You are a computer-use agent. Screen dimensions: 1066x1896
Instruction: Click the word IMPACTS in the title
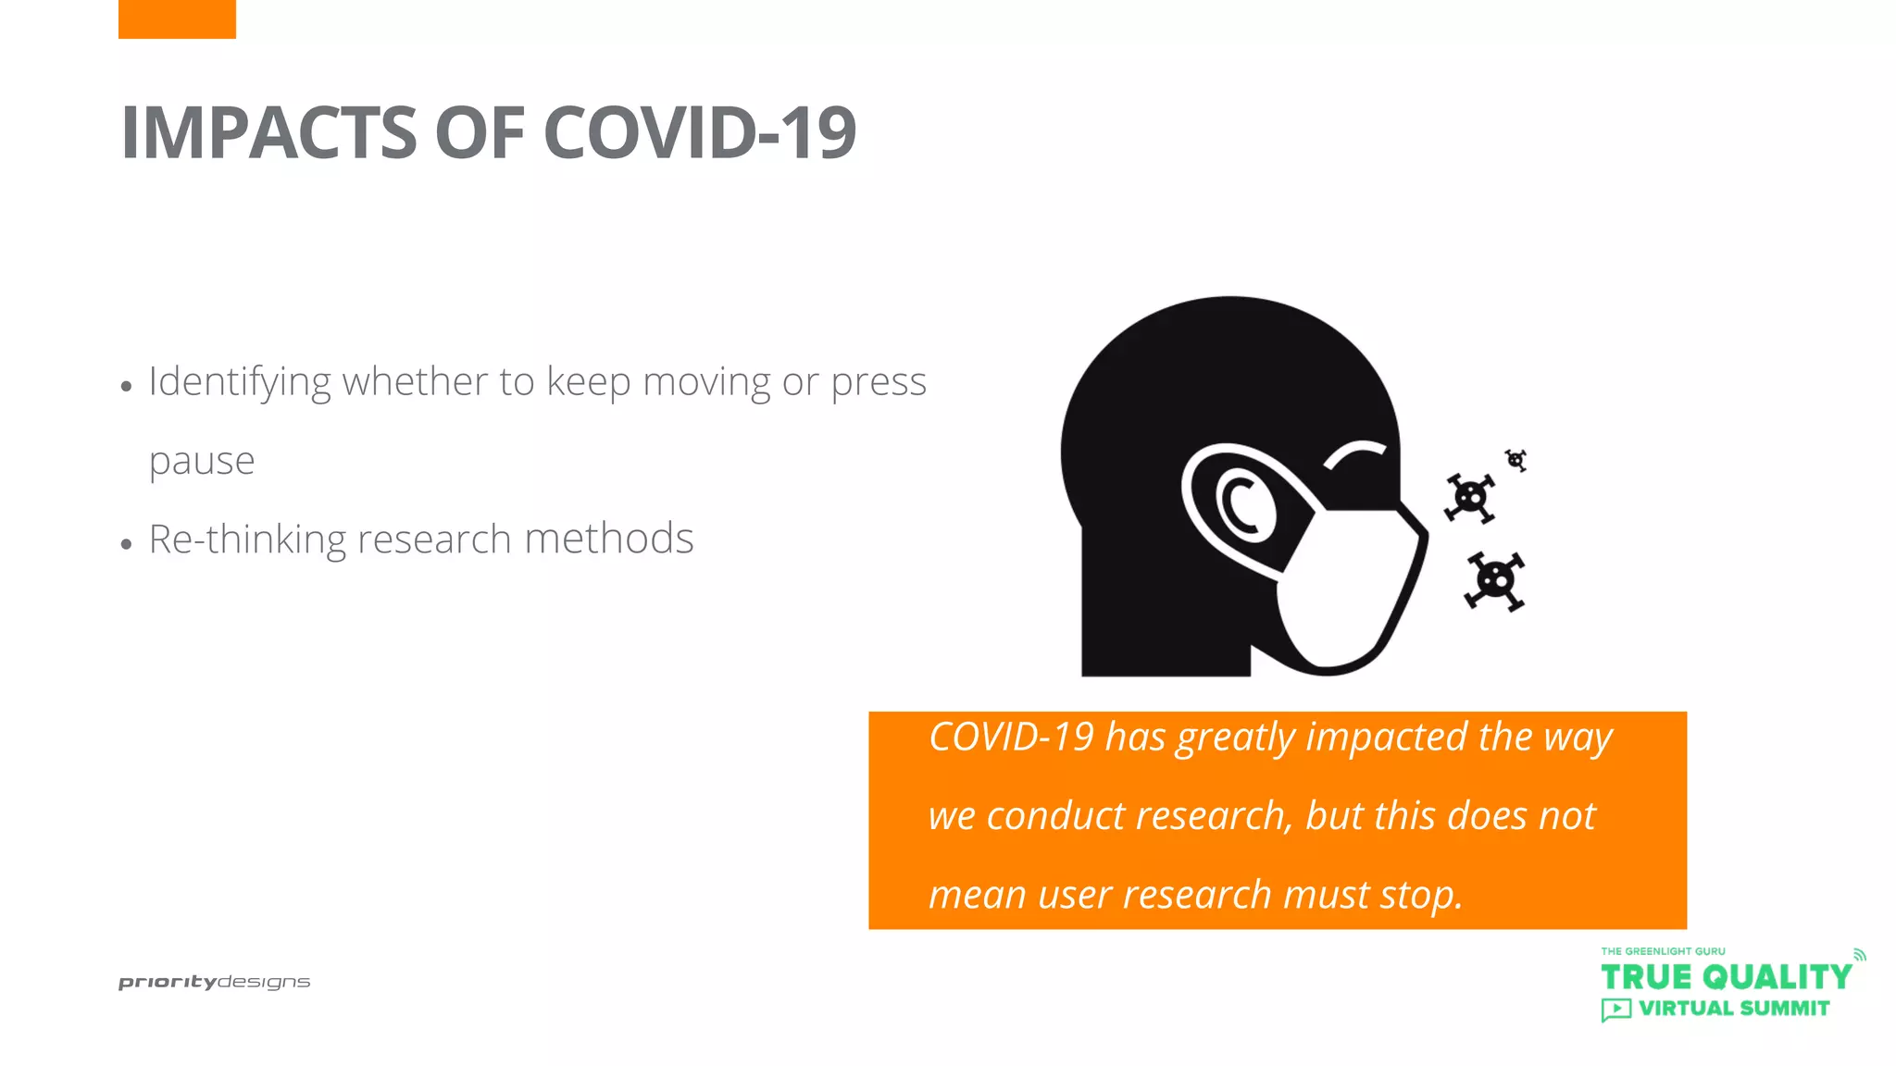tap(268, 133)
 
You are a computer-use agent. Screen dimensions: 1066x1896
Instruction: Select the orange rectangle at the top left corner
tap(177, 19)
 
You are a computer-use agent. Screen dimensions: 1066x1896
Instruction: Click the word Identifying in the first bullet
tap(239, 382)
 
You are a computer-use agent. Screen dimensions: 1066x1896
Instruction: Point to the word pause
tap(202, 461)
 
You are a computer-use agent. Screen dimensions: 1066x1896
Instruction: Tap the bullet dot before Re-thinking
tap(127, 545)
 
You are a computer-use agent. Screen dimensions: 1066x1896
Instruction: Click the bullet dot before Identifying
tap(127, 388)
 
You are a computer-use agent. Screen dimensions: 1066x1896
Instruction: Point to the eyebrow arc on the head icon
tap(1354, 453)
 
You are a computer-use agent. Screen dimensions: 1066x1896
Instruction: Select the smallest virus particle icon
tap(1516, 459)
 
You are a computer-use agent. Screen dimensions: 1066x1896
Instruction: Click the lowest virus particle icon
tap(1494, 581)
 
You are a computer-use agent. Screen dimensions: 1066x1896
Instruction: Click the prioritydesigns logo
tap(214, 982)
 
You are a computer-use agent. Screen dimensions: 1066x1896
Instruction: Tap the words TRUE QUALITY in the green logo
tap(1726, 977)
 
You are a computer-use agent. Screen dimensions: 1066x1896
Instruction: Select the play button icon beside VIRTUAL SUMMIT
tap(1615, 1010)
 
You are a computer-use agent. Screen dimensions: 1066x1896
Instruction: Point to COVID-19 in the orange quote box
tap(1011, 738)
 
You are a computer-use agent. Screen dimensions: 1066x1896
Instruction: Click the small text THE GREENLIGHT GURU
tap(1663, 951)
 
